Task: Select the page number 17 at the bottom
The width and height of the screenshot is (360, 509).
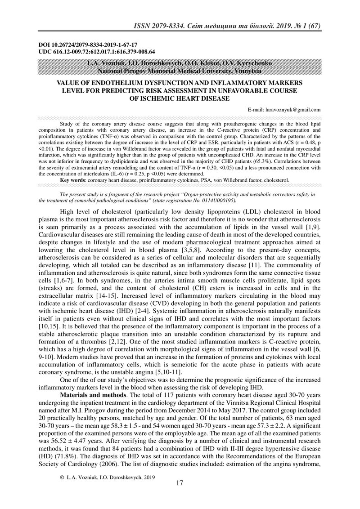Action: (180, 483)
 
